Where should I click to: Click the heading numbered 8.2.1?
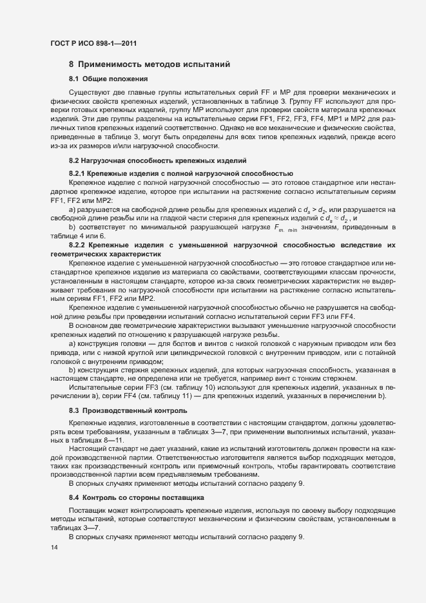181,175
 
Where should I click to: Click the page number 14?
53,548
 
